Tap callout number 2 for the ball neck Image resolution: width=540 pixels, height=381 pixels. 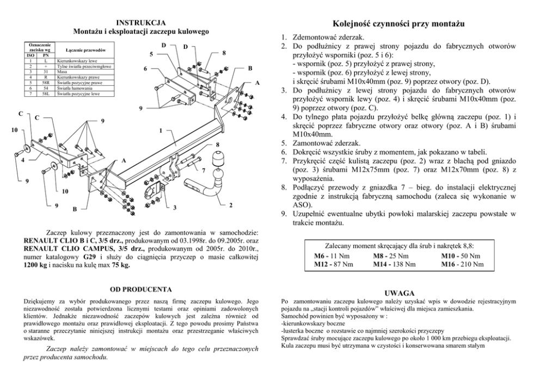click(x=232, y=205)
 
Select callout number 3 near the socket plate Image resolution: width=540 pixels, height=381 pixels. click(x=175, y=208)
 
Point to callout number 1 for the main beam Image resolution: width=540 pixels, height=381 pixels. click(x=161, y=131)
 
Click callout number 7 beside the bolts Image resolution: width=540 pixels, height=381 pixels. click(x=202, y=171)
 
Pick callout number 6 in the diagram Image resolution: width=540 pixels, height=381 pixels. click(x=146, y=69)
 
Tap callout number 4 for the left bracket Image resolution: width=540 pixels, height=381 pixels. click(x=22, y=160)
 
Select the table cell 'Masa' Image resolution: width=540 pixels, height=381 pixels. click(x=61, y=72)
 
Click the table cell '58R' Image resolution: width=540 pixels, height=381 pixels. click(x=46, y=83)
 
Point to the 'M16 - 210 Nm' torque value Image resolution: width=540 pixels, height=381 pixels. click(x=462, y=264)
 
